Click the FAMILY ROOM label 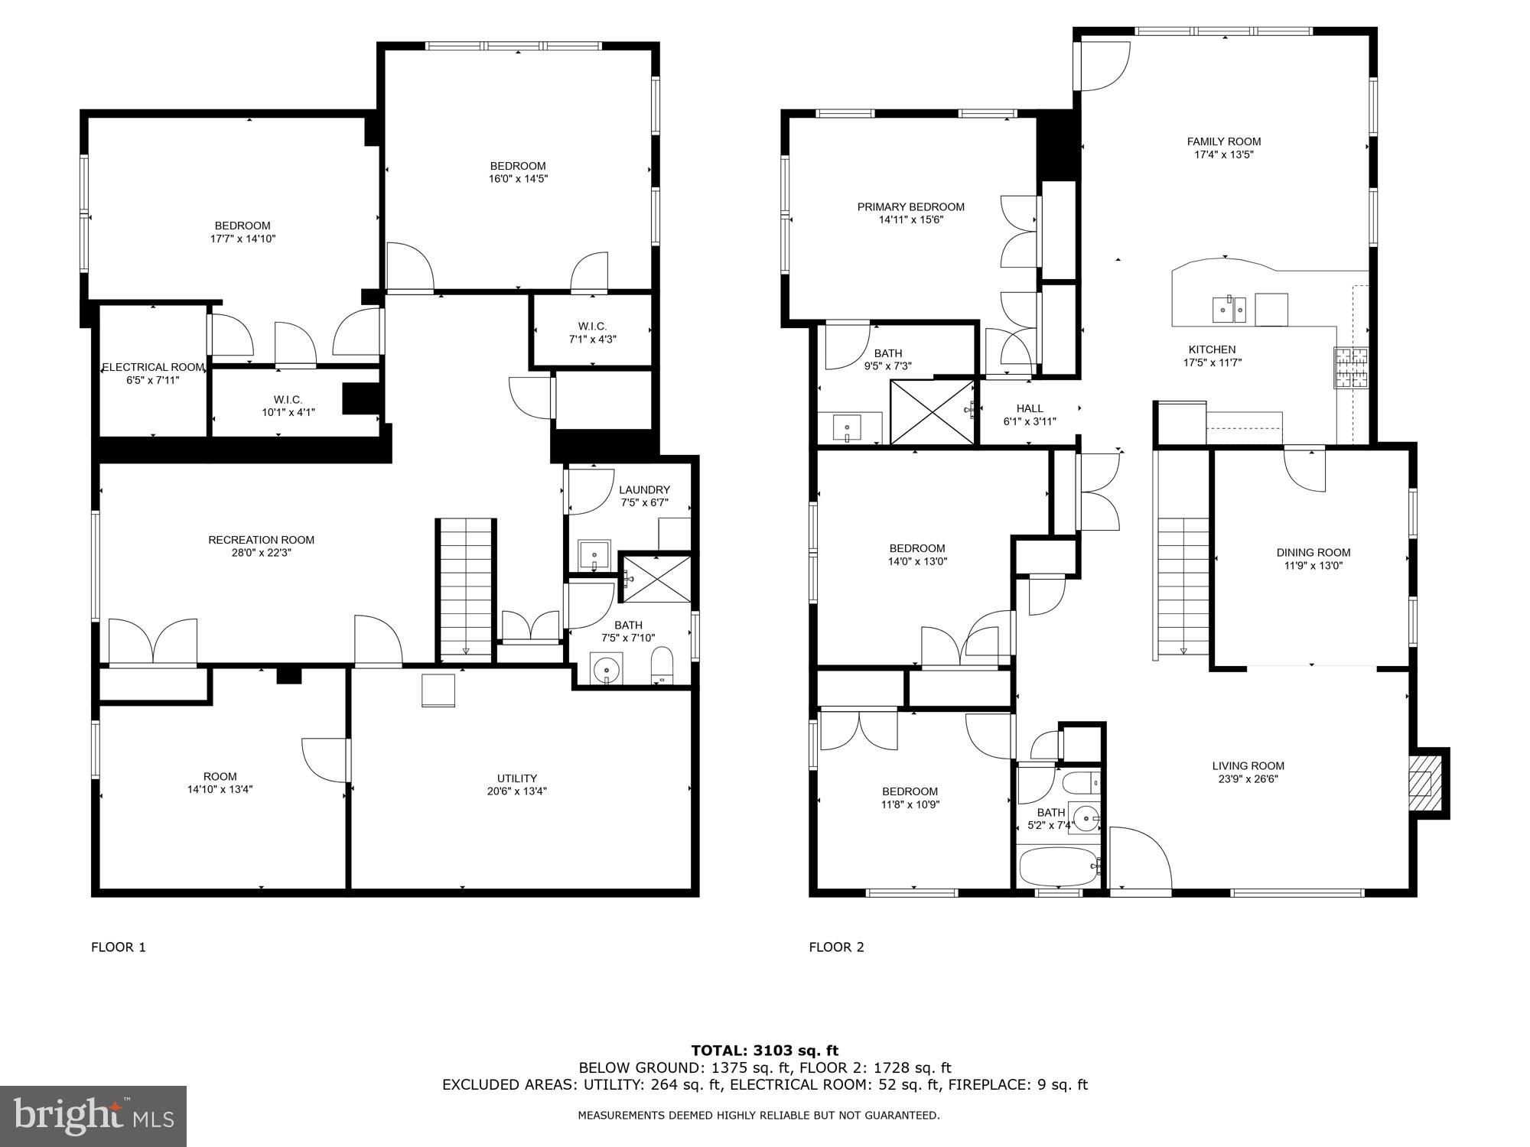click(x=1223, y=141)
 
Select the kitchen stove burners click(x=1351, y=367)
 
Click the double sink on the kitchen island click(x=1229, y=309)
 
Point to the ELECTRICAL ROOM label click(x=153, y=367)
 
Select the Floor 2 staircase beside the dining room click(x=1183, y=586)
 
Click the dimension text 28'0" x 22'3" click(x=261, y=552)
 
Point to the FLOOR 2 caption click(x=836, y=947)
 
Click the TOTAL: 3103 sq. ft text click(x=765, y=1051)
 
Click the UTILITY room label click(x=517, y=778)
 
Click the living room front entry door click(x=1140, y=860)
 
